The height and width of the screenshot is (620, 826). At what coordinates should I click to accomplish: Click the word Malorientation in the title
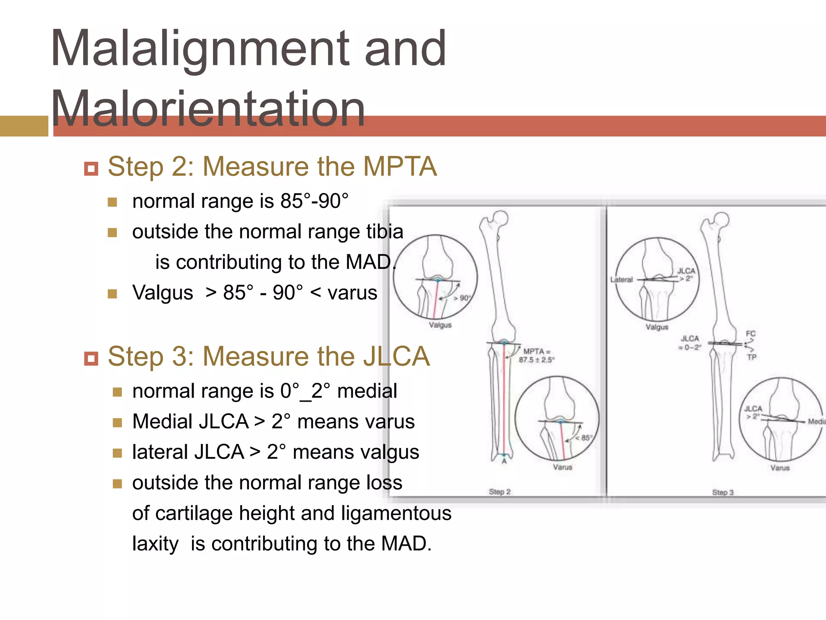pos(208,108)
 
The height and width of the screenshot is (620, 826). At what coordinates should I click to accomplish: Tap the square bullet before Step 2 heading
pos(91,168)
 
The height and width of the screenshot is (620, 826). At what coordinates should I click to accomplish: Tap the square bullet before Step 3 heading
pos(91,358)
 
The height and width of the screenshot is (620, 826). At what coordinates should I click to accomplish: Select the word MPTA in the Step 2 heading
pos(400,167)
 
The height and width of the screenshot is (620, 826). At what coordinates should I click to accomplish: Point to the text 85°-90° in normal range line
pos(315,201)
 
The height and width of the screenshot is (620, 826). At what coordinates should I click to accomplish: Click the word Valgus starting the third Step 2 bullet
pos(163,293)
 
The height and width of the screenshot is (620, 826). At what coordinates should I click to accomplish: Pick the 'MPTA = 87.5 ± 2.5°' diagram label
pos(536,355)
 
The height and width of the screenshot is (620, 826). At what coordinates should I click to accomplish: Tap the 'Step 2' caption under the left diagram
pos(500,492)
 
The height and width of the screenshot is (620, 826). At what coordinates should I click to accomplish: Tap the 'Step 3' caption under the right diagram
pos(723,492)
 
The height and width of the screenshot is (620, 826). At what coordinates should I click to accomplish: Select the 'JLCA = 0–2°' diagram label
pos(690,343)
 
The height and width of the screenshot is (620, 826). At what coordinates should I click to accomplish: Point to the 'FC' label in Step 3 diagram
pos(751,334)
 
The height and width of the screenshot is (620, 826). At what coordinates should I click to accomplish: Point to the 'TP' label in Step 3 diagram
pos(752,357)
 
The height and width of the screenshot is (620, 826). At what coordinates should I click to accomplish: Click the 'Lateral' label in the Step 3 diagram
pos(622,279)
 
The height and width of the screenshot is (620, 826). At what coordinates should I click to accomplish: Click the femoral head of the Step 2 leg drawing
pos(501,218)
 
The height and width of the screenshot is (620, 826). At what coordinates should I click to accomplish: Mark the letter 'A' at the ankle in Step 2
pos(504,461)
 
